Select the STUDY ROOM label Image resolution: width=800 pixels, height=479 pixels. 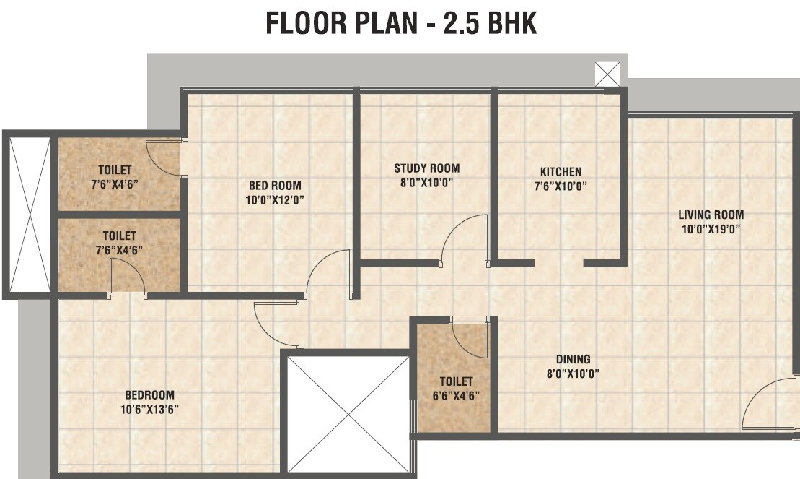(426, 168)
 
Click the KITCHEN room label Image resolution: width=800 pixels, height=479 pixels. (561, 172)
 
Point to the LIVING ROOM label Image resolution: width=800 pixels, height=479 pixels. (710, 215)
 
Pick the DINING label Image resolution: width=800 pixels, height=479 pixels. (573, 359)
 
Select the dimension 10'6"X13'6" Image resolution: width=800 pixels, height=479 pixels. (149, 409)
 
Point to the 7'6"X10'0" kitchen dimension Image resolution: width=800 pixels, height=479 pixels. (561, 186)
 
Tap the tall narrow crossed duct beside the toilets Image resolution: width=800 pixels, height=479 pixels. (30, 215)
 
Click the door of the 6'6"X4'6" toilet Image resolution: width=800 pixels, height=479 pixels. (470, 338)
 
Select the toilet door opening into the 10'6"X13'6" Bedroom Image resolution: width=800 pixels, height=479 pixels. (127, 277)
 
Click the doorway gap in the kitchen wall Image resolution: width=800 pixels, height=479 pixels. (558, 263)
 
